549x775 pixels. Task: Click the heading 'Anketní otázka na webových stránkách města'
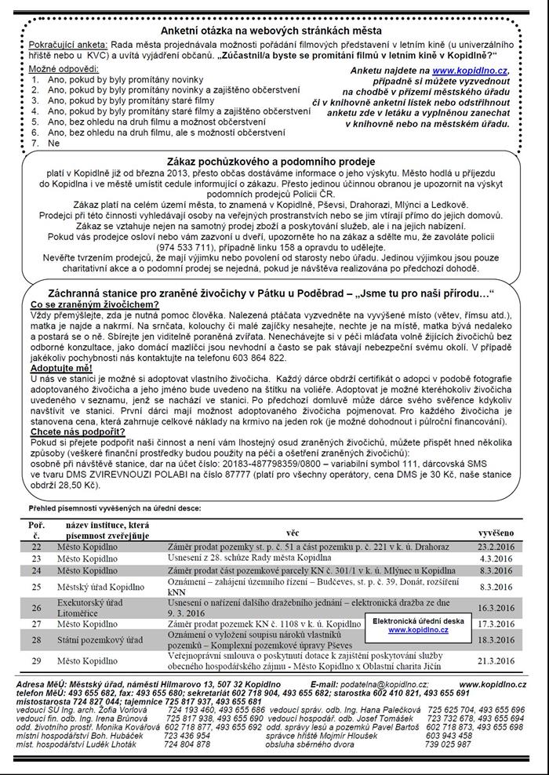click(274, 30)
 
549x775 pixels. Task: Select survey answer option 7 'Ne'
click(53, 144)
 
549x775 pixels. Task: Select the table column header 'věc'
click(292, 530)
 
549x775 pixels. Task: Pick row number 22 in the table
click(36, 545)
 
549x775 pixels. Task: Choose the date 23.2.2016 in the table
click(496, 546)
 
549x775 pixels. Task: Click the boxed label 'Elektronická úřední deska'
click(418, 620)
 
